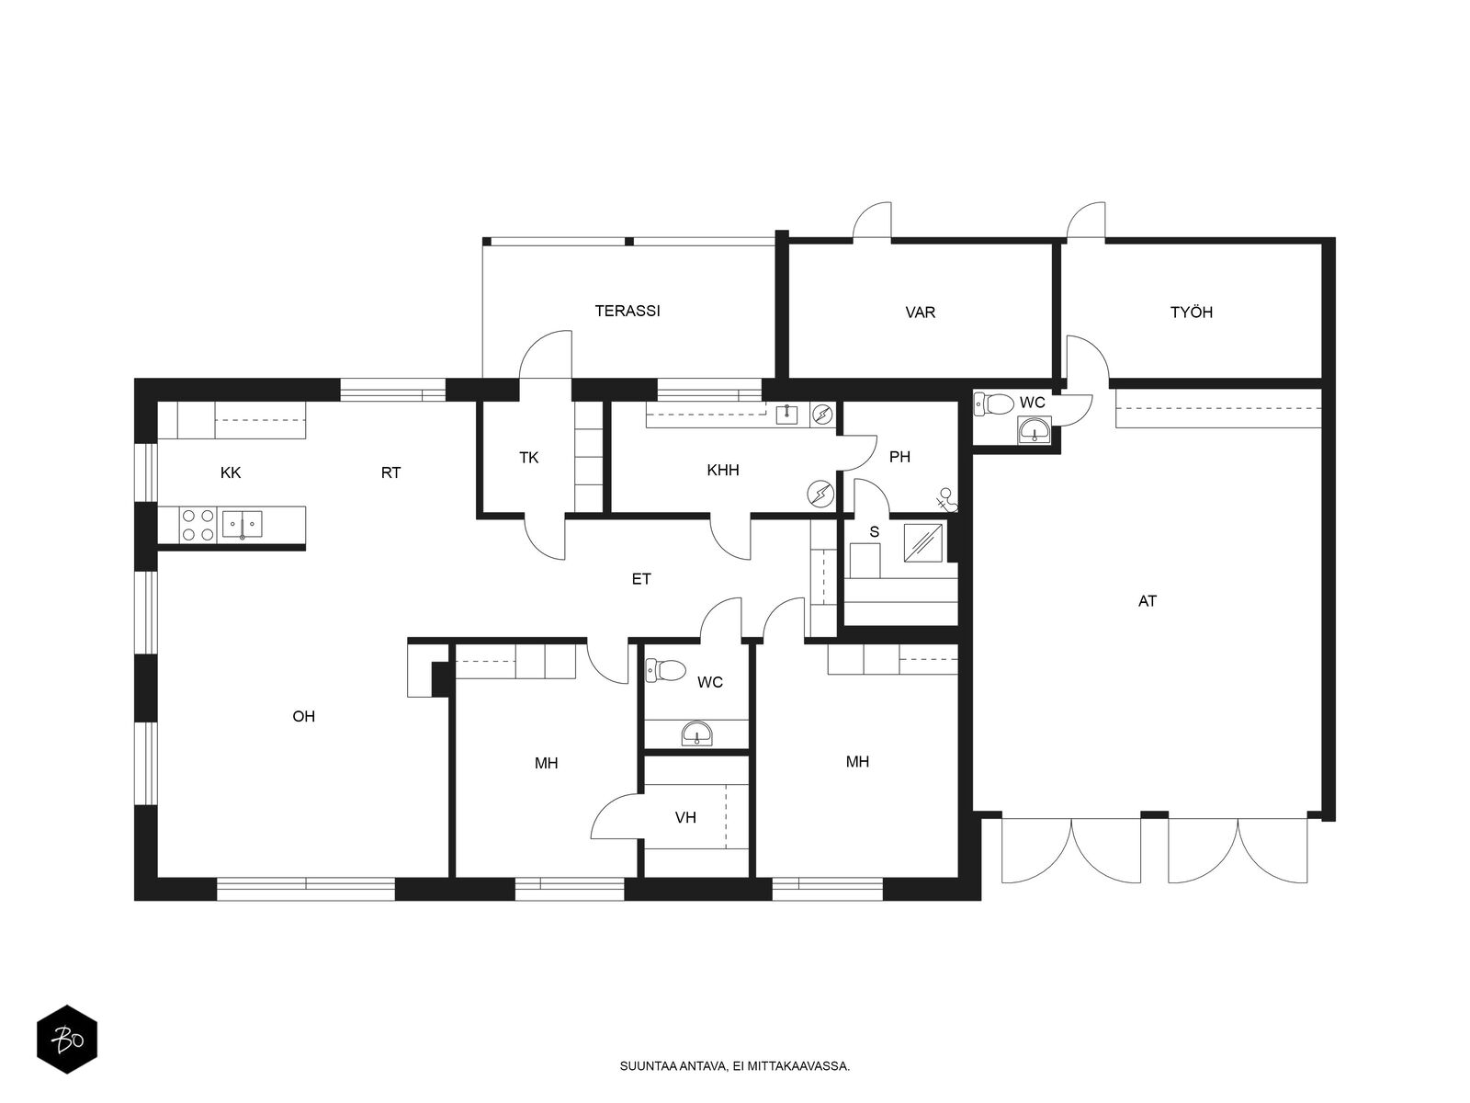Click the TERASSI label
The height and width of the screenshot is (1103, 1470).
[627, 311]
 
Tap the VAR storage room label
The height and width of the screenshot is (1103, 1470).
[920, 313]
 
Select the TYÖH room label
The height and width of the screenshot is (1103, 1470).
[1191, 313]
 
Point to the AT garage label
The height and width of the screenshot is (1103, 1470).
[1147, 601]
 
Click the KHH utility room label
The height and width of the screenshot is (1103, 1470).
[723, 470]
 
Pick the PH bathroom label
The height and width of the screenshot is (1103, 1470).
[899, 457]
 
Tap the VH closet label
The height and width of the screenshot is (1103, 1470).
[685, 818]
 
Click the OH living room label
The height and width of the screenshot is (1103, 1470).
[303, 717]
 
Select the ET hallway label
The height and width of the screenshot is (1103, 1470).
[641, 579]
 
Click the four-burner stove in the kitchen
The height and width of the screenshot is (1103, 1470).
[198, 525]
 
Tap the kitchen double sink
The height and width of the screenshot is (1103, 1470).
[242, 524]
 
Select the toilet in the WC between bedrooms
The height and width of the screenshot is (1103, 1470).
[666, 669]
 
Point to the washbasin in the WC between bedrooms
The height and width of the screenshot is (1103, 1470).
[697, 733]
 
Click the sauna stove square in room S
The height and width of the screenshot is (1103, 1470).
[922, 542]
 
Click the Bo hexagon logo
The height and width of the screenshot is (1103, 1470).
[67, 1040]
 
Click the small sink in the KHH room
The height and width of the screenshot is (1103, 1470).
[786, 415]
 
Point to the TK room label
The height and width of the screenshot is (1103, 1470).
[528, 458]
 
